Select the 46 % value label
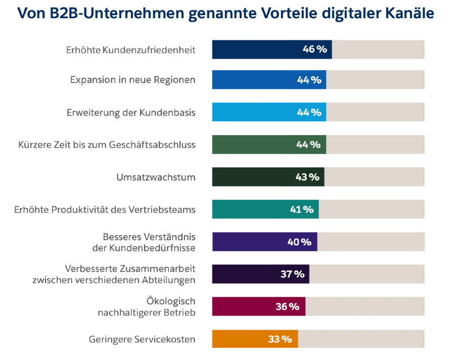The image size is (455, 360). click(x=314, y=50)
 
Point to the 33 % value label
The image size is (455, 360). click(x=280, y=339)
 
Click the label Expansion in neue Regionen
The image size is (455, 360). click(x=132, y=80)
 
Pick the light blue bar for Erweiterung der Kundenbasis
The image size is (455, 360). click(x=253, y=112)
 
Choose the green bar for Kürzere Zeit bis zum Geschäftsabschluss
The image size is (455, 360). click(x=253, y=145)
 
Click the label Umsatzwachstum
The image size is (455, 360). click(x=156, y=177)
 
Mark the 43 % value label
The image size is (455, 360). click(x=307, y=177)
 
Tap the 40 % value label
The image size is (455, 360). click(x=299, y=242)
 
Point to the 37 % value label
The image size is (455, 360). click(x=293, y=274)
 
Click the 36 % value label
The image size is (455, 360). click(x=287, y=306)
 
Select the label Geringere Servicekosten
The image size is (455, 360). click(x=142, y=339)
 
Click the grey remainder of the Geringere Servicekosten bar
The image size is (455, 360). click(x=361, y=339)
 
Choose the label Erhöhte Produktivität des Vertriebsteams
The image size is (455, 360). click(x=105, y=209)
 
